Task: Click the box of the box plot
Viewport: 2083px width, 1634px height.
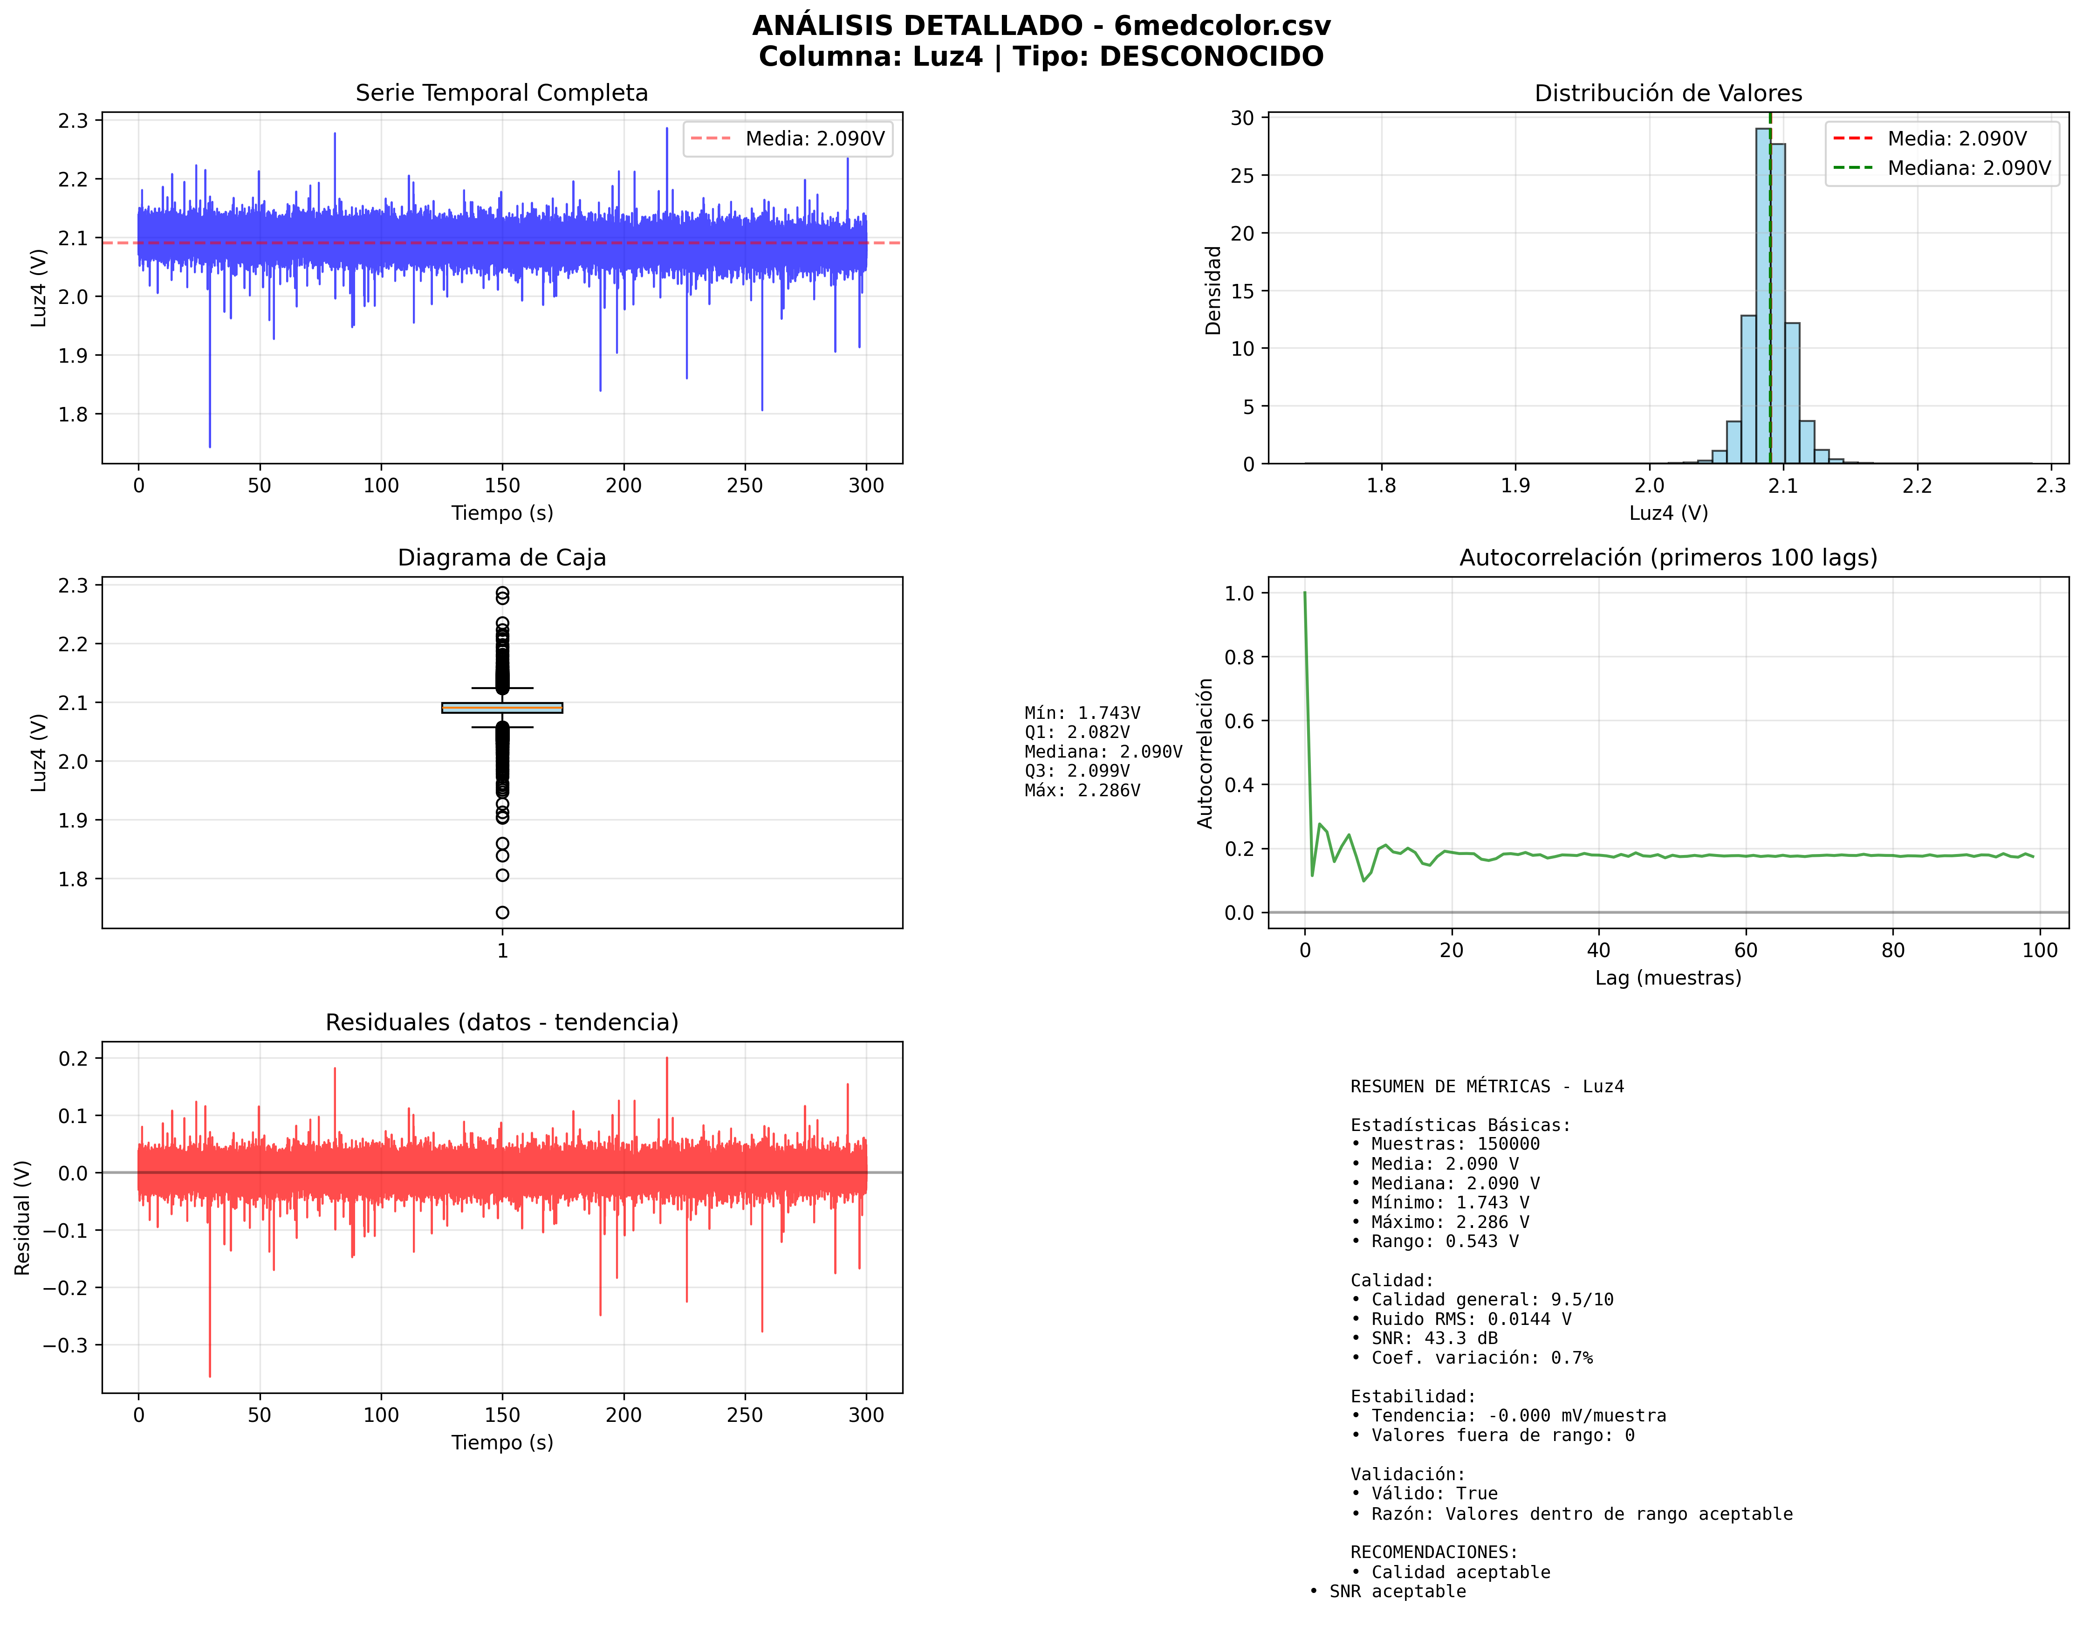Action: (x=502, y=708)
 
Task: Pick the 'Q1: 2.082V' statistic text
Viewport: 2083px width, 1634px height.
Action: (x=1077, y=732)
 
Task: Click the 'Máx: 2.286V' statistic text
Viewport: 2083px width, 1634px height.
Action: (x=1082, y=790)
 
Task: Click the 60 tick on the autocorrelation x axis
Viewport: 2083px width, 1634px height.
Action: (x=1746, y=950)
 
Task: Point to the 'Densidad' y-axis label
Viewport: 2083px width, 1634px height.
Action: (x=1213, y=290)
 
